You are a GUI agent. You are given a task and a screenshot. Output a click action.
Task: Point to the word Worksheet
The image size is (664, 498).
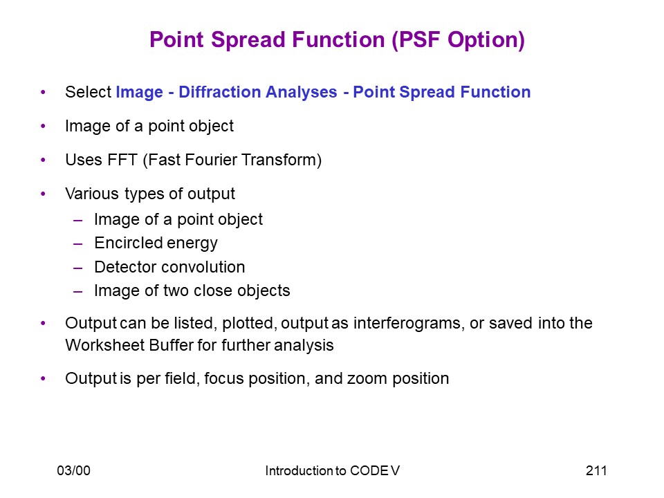[x=105, y=345]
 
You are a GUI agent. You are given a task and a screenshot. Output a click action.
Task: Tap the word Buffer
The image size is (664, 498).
[x=172, y=345]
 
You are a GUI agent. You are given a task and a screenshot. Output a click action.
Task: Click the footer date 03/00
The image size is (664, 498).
[x=74, y=470]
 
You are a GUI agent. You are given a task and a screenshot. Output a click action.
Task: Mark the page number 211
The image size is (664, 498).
[x=596, y=470]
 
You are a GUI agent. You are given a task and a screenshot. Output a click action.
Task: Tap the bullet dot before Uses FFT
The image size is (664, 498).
[x=43, y=160]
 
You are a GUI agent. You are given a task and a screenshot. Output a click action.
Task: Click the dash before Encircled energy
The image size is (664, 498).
[x=78, y=244]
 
